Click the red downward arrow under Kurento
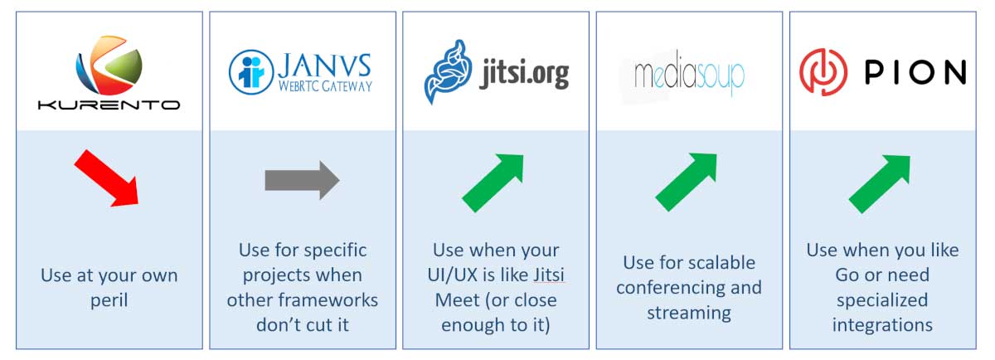[x=107, y=178]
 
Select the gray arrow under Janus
[x=302, y=181]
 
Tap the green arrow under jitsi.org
[x=493, y=182]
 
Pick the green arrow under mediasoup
[x=687, y=182]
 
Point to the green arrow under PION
[x=880, y=184]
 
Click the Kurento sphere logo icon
[x=109, y=65]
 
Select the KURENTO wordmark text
[x=109, y=105]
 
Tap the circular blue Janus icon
[x=251, y=72]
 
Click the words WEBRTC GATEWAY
[x=325, y=85]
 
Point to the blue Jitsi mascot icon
[x=448, y=71]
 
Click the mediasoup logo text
[x=689, y=74]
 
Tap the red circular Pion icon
[x=823, y=72]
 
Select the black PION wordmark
[x=915, y=72]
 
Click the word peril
[x=109, y=301]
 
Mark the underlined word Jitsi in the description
[x=549, y=275]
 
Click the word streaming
[x=689, y=314]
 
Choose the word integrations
[x=882, y=325]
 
